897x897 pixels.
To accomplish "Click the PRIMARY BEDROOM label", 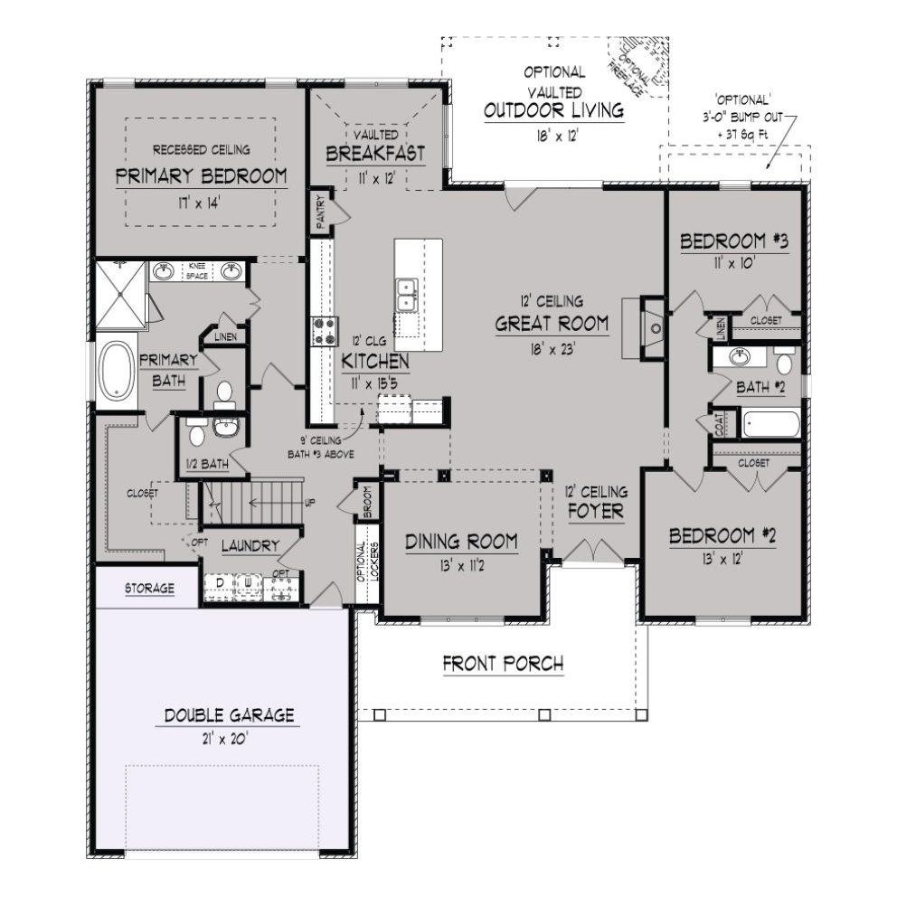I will [x=201, y=176].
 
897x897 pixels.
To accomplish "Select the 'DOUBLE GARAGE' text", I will [x=229, y=715].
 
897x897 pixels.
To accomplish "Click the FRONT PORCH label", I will [x=503, y=664].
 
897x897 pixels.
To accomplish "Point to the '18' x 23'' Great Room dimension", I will [x=551, y=345].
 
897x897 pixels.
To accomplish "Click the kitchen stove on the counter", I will [x=322, y=331].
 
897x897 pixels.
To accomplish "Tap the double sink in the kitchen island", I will [x=406, y=295].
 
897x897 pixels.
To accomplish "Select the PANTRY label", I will [x=318, y=209].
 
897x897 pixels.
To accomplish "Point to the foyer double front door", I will [x=593, y=552].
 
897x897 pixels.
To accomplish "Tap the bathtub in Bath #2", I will [x=770, y=423].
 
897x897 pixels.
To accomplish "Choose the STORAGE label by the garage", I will [x=149, y=589].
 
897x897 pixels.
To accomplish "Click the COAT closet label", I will [x=720, y=425].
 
